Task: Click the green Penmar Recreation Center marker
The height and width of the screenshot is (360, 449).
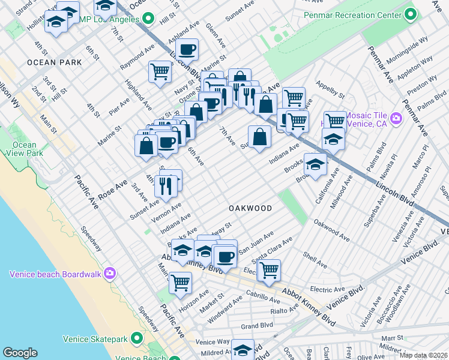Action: pos(411,13)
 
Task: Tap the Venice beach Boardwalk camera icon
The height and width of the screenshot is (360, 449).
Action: pos(110,274)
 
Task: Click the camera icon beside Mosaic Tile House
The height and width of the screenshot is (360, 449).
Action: pos(396,118)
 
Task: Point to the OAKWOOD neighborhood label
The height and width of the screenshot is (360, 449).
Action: pos(250,208)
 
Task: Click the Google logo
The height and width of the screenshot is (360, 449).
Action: pos(20,353)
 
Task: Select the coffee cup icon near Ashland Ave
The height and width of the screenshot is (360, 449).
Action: pos(187,49)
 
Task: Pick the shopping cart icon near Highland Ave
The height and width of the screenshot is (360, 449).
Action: pos(160,71)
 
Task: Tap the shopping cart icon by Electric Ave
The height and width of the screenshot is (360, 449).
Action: pos(270,270)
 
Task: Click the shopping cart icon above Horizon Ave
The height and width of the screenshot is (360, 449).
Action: pos(180,282)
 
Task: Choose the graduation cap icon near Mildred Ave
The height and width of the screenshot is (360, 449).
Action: pos(243,350)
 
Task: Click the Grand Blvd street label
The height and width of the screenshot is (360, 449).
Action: pos(257,326)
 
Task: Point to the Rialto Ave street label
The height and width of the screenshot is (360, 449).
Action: pos(285,309)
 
